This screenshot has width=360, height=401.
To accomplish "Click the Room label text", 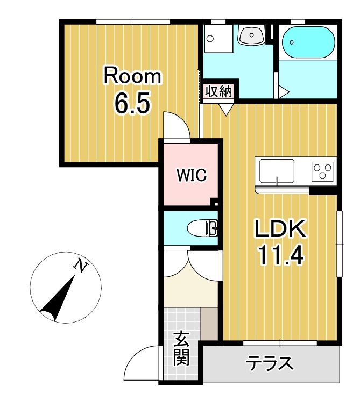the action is (x=132, y=75).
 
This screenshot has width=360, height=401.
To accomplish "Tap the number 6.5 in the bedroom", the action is (x=132, y=103).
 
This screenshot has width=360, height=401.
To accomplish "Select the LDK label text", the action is (x=280, y=228).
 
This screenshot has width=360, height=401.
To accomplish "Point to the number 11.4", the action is (x=281, y=255).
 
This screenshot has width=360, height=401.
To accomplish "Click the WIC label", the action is (x=192, y=175).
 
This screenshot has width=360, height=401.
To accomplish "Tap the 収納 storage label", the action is (x=218, y=91).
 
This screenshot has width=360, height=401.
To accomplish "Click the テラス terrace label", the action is (x=270, y=363).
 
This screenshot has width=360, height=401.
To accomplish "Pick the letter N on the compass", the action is (x=81, y=266).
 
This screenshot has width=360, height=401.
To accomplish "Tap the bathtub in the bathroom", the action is (x=308, y=42).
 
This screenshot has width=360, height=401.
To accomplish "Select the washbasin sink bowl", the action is (x=251, y=35).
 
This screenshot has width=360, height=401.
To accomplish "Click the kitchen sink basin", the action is (x=277, y=170).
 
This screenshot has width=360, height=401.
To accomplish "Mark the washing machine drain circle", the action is (x=210, y=39).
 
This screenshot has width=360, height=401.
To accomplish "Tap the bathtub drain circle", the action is (x=291, y=42).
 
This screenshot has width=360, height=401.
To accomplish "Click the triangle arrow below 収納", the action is (x=226, y=110).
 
